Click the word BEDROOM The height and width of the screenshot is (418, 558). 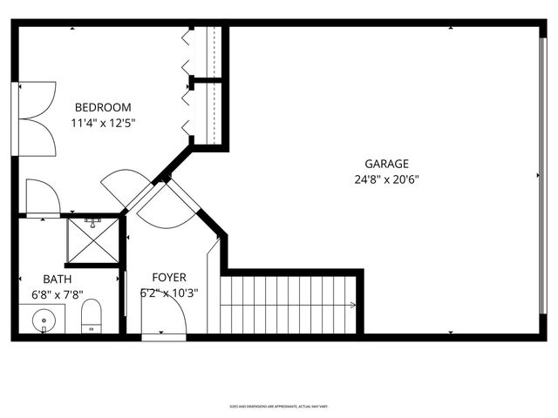point(103,107)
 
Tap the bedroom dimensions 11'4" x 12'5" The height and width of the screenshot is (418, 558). point(103,123)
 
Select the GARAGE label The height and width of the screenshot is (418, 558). point(386,163)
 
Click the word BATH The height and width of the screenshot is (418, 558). point(58,279)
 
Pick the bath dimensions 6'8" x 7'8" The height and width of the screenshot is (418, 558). point(58,293)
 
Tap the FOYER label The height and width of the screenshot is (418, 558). point(169,278)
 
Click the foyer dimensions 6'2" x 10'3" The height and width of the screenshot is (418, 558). point(169,293)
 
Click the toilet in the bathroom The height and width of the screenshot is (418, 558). point(92,317)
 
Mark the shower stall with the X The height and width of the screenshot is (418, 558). point(92,240)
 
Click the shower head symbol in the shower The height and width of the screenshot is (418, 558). point(92,221)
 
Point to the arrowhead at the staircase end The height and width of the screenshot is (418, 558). point(352,305)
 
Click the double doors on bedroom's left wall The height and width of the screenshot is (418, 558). point(35,118)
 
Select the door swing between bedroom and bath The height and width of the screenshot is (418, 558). point(41,197)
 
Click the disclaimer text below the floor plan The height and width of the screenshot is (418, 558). point(278,407)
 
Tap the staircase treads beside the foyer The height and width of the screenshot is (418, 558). point(288,304)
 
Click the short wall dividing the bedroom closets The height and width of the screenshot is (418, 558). point(208,81)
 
